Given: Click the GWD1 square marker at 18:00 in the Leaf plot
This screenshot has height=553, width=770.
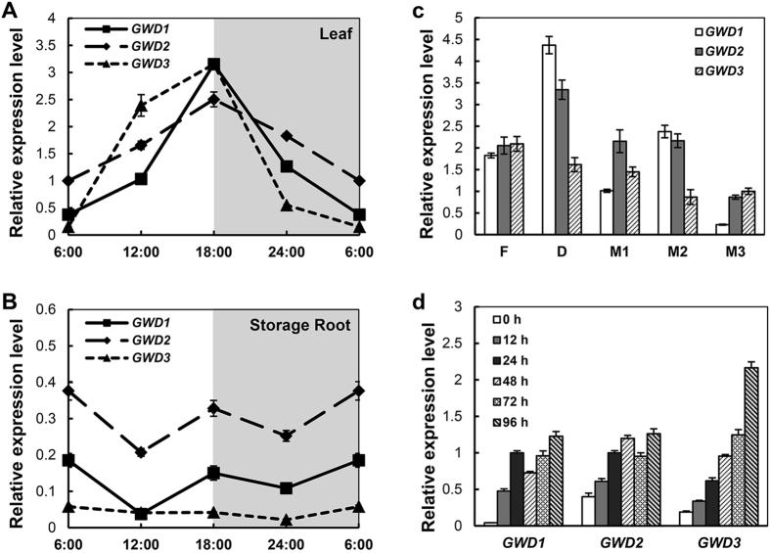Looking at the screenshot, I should tap(213, 65).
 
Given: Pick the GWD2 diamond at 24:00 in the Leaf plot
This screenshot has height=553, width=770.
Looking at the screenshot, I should tap(287, 136).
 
